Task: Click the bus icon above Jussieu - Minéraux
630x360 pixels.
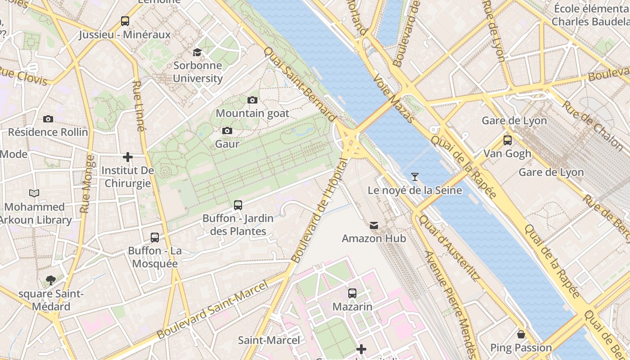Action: click(125, 21)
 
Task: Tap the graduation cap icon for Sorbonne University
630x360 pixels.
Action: click(197, 52)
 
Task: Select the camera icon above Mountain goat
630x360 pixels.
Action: click(252, 100)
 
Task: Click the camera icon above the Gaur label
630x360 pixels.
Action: click(227, 130)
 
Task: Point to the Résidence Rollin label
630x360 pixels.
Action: click(48, 132)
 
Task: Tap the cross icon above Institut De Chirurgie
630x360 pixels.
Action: click(128, 157)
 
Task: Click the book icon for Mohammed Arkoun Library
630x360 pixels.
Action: click(34, 193)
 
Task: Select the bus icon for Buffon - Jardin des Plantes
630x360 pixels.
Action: click(238, 205)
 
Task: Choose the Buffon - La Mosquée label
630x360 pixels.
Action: click(155, 257)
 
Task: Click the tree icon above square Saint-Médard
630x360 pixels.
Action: click(51, 280)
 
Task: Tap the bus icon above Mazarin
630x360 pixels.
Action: click(352, 293)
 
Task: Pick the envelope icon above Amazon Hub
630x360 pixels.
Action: click(374, 225)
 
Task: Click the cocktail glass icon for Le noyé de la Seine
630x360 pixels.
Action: click(414, 177)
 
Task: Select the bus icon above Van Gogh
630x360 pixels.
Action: click(508, 140)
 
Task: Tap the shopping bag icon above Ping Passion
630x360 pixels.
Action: click(521, 334)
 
